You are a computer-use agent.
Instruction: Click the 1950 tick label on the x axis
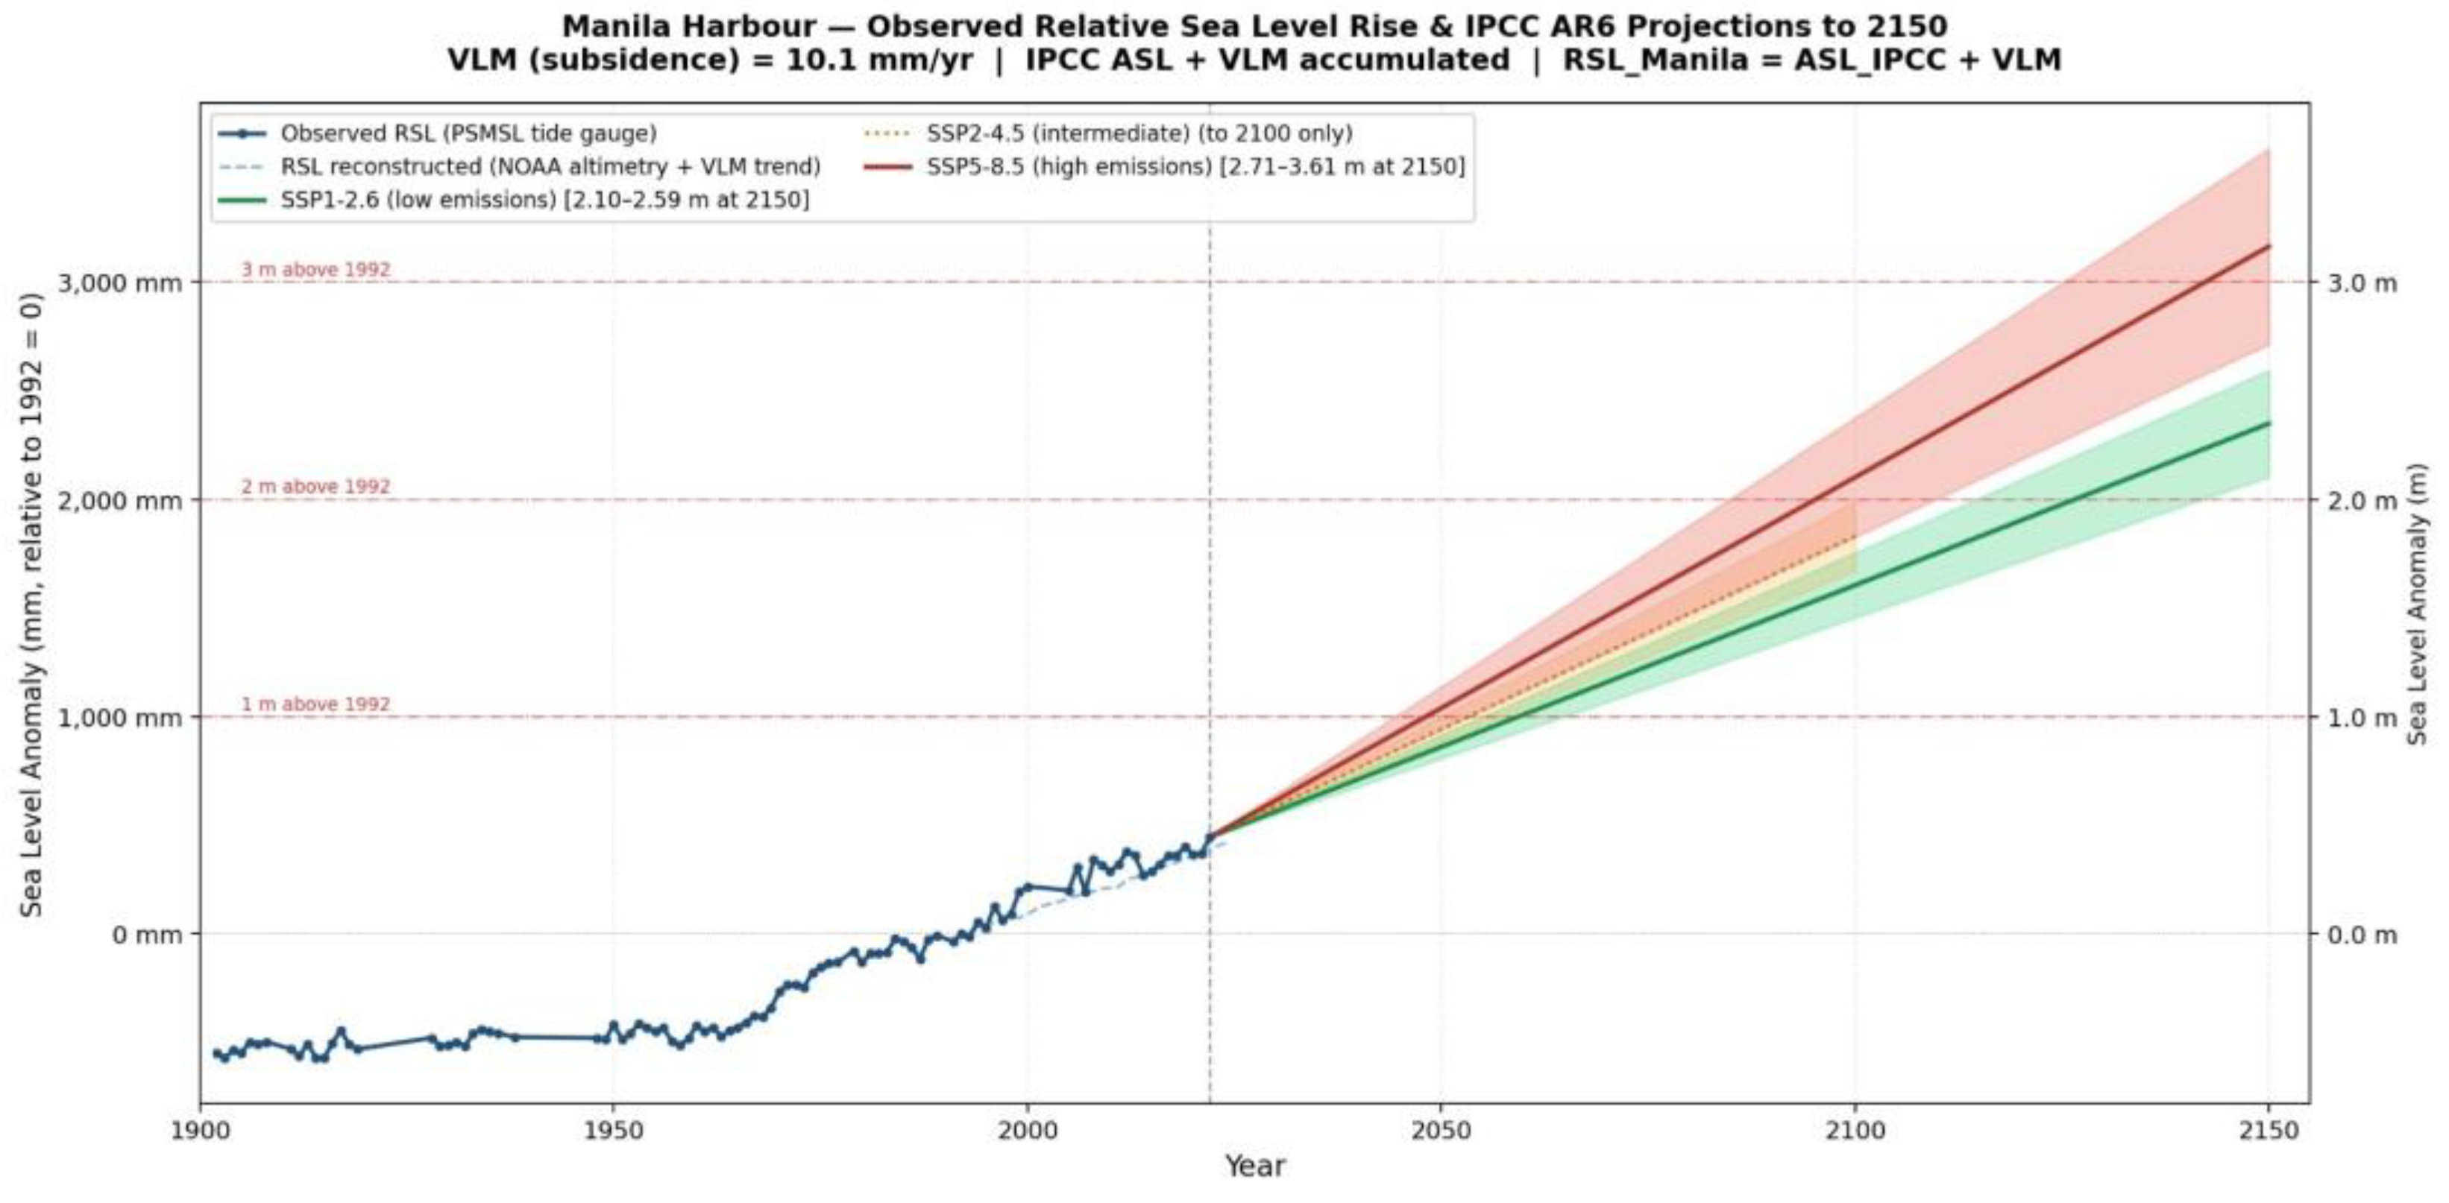(612, 1131)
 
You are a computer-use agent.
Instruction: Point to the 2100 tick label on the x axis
(1855, 1131)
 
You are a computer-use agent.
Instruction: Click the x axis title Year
(1254, 1166)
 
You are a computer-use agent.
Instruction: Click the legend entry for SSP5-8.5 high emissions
(1195, 167)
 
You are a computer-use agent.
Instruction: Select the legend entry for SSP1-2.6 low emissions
(544, 200)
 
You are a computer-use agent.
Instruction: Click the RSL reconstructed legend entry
(550, 167)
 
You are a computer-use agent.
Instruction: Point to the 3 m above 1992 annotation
(315, 270)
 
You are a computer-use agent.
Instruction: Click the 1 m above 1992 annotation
(315, 704)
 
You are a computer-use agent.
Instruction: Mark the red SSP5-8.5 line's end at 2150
(2269, 246)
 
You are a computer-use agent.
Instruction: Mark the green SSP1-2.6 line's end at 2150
(2269, 423)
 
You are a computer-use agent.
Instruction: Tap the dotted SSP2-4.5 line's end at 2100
(1855, 538)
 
